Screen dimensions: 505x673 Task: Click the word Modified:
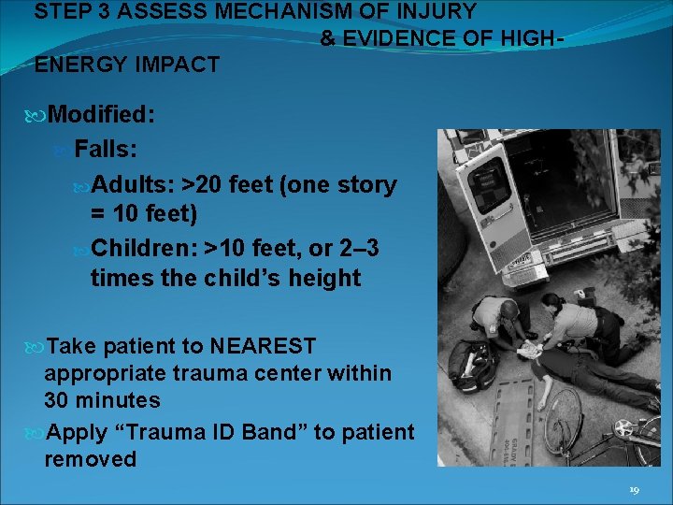click(x=101, y=115)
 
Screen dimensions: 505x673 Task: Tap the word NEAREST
click(x=263, y=346)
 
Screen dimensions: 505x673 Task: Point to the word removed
click(x=90, y=459)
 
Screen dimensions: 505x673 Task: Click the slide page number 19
click(x=635, y=489)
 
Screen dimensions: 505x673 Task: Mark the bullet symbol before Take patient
click(x=37, y=347)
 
